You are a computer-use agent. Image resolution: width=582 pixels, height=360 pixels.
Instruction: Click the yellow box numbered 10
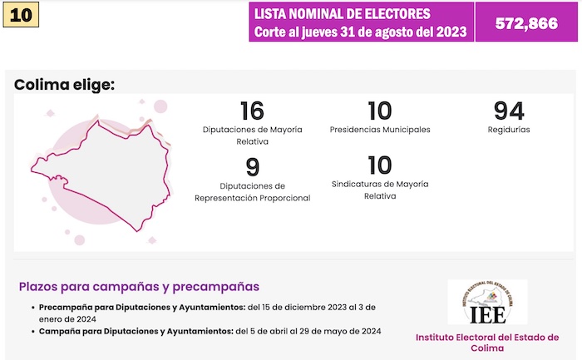[x=22, y=16]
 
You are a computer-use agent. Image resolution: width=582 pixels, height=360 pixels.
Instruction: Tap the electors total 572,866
[x=526, y=23]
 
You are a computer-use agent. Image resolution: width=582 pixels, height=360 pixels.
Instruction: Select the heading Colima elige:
[x=64, y=84]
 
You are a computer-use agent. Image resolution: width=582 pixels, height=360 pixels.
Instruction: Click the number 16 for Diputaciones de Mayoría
[x=252, y=111]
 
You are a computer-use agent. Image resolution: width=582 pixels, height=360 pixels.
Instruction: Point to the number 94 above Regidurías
[x=509, y=111]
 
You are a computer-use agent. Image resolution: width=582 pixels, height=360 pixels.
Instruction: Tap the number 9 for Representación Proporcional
[x=252, y=167]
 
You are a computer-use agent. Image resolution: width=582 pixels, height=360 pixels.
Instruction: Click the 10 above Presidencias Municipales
[x=379, y=111]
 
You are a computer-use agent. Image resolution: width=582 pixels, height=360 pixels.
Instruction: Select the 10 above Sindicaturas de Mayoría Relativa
[x=379, y=167]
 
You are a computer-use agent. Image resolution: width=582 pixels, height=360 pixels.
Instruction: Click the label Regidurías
[x=509, y=130]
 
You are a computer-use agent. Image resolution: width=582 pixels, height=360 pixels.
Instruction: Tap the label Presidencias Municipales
[x=380, y=130]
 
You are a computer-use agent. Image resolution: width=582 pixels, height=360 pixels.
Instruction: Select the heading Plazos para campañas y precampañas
[x=139, y=287]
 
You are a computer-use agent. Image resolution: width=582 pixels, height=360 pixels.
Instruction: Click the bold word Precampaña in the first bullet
[x=65, y=308]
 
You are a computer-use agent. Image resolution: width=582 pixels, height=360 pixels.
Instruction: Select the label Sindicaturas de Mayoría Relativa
[x=380, y=191]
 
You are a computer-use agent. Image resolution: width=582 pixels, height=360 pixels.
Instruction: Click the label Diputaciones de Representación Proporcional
[x=252, y=192]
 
